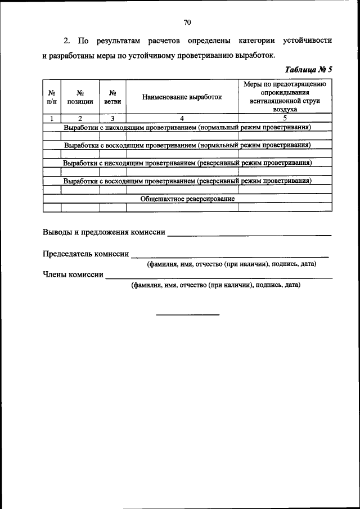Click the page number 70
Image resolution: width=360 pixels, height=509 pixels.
187,22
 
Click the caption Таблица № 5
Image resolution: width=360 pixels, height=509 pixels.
309,70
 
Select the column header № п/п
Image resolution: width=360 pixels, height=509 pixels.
52,97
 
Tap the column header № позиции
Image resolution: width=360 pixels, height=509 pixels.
80,97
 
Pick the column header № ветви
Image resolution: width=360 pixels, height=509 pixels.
112,97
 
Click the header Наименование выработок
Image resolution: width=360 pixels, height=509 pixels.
182,97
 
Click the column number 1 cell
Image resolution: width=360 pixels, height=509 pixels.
52,119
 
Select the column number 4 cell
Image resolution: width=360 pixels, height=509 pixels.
182,119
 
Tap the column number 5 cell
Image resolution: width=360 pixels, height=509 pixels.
285,119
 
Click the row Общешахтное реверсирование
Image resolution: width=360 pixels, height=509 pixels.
187,199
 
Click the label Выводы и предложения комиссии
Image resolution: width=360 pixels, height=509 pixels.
104,232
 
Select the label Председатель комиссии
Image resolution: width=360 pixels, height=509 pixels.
86,254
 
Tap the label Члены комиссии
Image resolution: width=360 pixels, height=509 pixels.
73,275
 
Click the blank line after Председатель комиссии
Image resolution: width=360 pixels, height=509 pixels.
230,256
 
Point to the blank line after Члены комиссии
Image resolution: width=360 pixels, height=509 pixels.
219,278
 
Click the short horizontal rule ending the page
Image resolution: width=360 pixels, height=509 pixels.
187,314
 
